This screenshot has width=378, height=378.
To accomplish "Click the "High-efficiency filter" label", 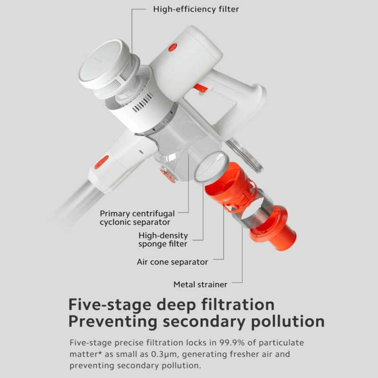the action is pos(196,9).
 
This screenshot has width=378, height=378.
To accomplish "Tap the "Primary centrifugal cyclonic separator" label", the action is pos(137,218).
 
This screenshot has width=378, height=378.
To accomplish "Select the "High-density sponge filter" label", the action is pos(163,240).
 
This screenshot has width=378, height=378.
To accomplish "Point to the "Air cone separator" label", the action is pos(172,262).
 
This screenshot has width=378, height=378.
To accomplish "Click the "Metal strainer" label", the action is pos(200,284).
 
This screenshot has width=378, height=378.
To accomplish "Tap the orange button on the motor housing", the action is pos(172,47).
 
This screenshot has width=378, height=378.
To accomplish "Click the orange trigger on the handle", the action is pos(200,88).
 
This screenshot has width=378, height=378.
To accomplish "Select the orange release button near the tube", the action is pos(102,162).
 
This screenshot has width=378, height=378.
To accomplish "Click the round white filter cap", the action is pos(103,64).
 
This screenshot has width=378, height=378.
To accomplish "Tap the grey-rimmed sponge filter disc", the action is pos(211,167).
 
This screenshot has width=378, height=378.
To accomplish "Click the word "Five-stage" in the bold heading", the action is pos(110,305).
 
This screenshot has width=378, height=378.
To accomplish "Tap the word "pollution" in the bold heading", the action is pos(288,322).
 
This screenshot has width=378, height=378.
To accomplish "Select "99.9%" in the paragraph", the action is pos(232,343).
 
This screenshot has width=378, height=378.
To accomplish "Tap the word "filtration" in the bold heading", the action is pos(238,304).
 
